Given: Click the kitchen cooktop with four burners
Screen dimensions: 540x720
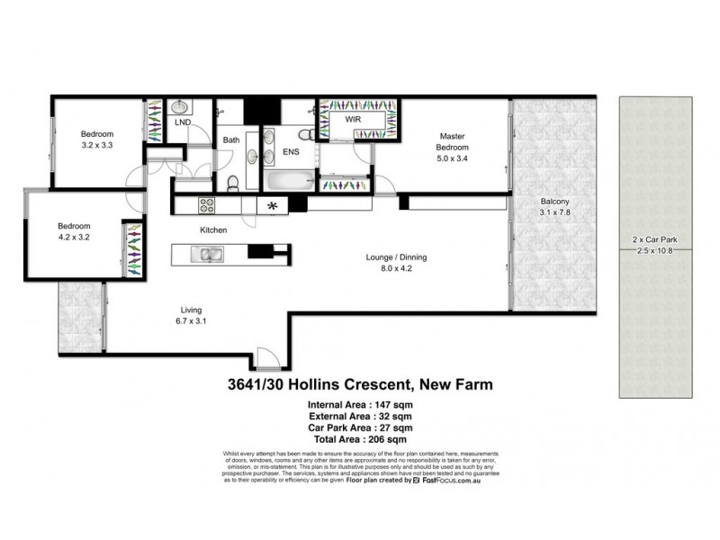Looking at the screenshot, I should [x=205, y=206].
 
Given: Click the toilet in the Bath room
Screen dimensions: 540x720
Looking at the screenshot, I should [x=233, y=184].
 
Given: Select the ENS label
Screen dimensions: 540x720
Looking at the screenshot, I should [x=291, y=152].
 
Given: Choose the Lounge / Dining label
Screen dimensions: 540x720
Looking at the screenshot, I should [x=396, y=257].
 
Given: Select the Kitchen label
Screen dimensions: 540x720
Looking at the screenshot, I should [x=213, y=230].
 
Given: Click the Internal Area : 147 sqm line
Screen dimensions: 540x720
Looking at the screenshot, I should [x=361, y=405].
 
